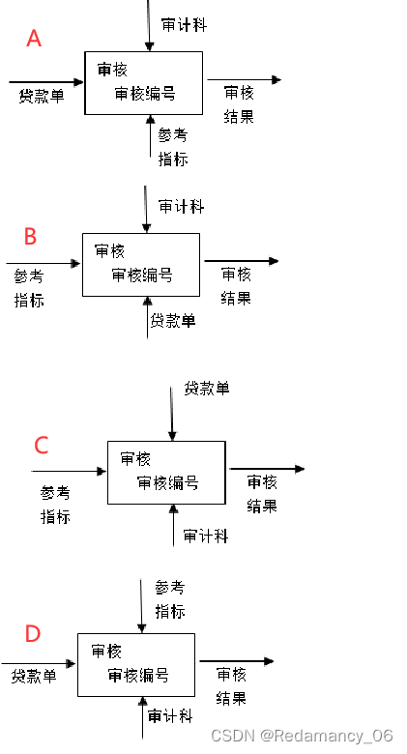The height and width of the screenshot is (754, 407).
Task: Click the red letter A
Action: pyautogui.click(x=34, y=39)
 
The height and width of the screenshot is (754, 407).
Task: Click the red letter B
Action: pyautogui.click(x=30, y=236)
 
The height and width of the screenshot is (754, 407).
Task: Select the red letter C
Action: pyautogui.click(x=42, y=445)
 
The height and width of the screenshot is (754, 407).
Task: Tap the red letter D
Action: pyautogui.click(x=33, y=634)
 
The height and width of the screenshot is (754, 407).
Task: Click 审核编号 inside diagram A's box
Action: pyautogui.click(x=145, y=94)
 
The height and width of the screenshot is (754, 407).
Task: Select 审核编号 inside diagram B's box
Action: pyautogui.click(x=142, y=275)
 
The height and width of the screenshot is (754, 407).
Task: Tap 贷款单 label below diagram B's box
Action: pyautogui.click(x=173, y=321)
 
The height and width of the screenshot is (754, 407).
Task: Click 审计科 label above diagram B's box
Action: pyautogui.click(x=182, y=207)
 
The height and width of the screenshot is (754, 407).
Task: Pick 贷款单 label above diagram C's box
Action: pyautogui.click(x=207, y=389)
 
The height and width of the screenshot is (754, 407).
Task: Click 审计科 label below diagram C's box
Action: pyautogui.click(x=206, y=536)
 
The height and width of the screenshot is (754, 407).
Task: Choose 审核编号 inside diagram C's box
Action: pyautogui.click(x=168, y=483)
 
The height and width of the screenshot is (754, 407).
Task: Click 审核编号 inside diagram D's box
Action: pyautogui.click(x=138, y=675)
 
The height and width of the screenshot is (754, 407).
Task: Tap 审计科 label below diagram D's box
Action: pyautogui.click(x=170, y=716)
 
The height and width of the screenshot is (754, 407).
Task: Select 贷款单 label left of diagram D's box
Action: pyautogui.click(x=34, y=676)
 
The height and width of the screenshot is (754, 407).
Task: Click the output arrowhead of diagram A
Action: pyautogui.click(x=276, y=80)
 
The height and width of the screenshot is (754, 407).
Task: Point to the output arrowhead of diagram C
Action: pyautogui.click(x=300, y=469)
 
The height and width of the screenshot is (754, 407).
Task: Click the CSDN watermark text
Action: pyautogui.click(x=302, y=737)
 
